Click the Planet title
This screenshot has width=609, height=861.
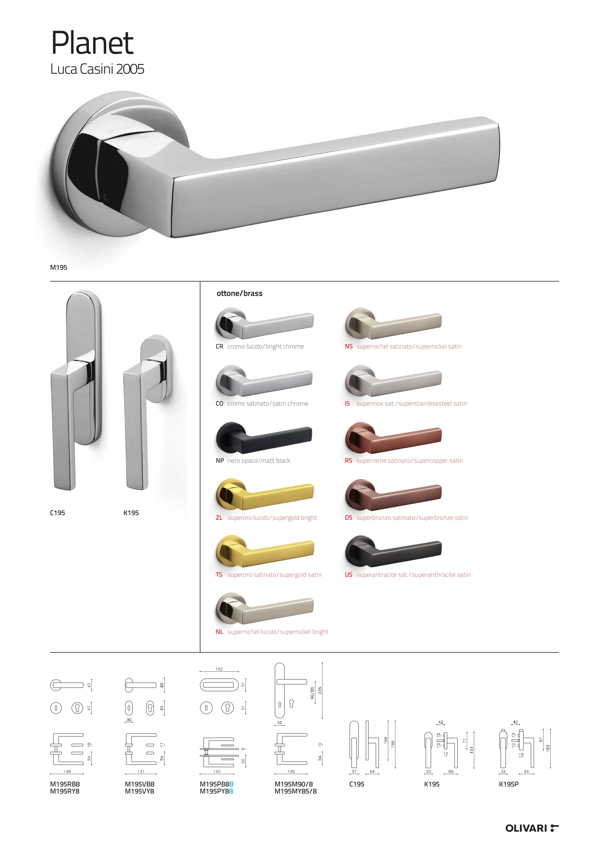click(92, 43)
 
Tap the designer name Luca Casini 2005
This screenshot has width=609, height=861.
click(97, 69)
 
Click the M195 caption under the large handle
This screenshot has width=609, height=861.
click(58, 267)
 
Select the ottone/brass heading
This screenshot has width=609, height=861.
click(239, 293)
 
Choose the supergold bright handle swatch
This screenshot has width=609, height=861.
click(264, 494)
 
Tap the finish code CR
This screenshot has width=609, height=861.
click(219, 346)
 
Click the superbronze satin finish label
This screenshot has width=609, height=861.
click(412, 518)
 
